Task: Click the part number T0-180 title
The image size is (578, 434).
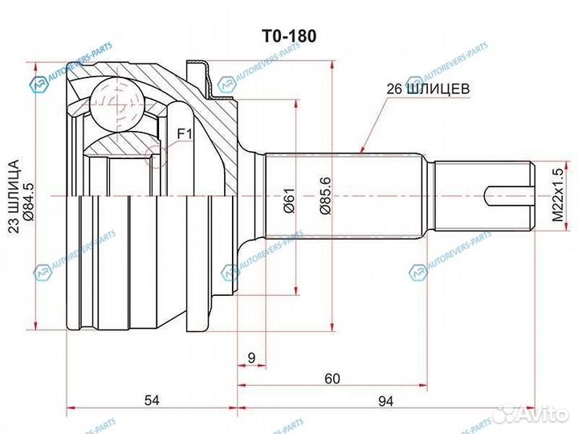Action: coord(287,36)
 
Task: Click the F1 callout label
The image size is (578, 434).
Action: coord(183,132)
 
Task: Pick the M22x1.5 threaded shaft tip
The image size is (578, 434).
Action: coord(482,194)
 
